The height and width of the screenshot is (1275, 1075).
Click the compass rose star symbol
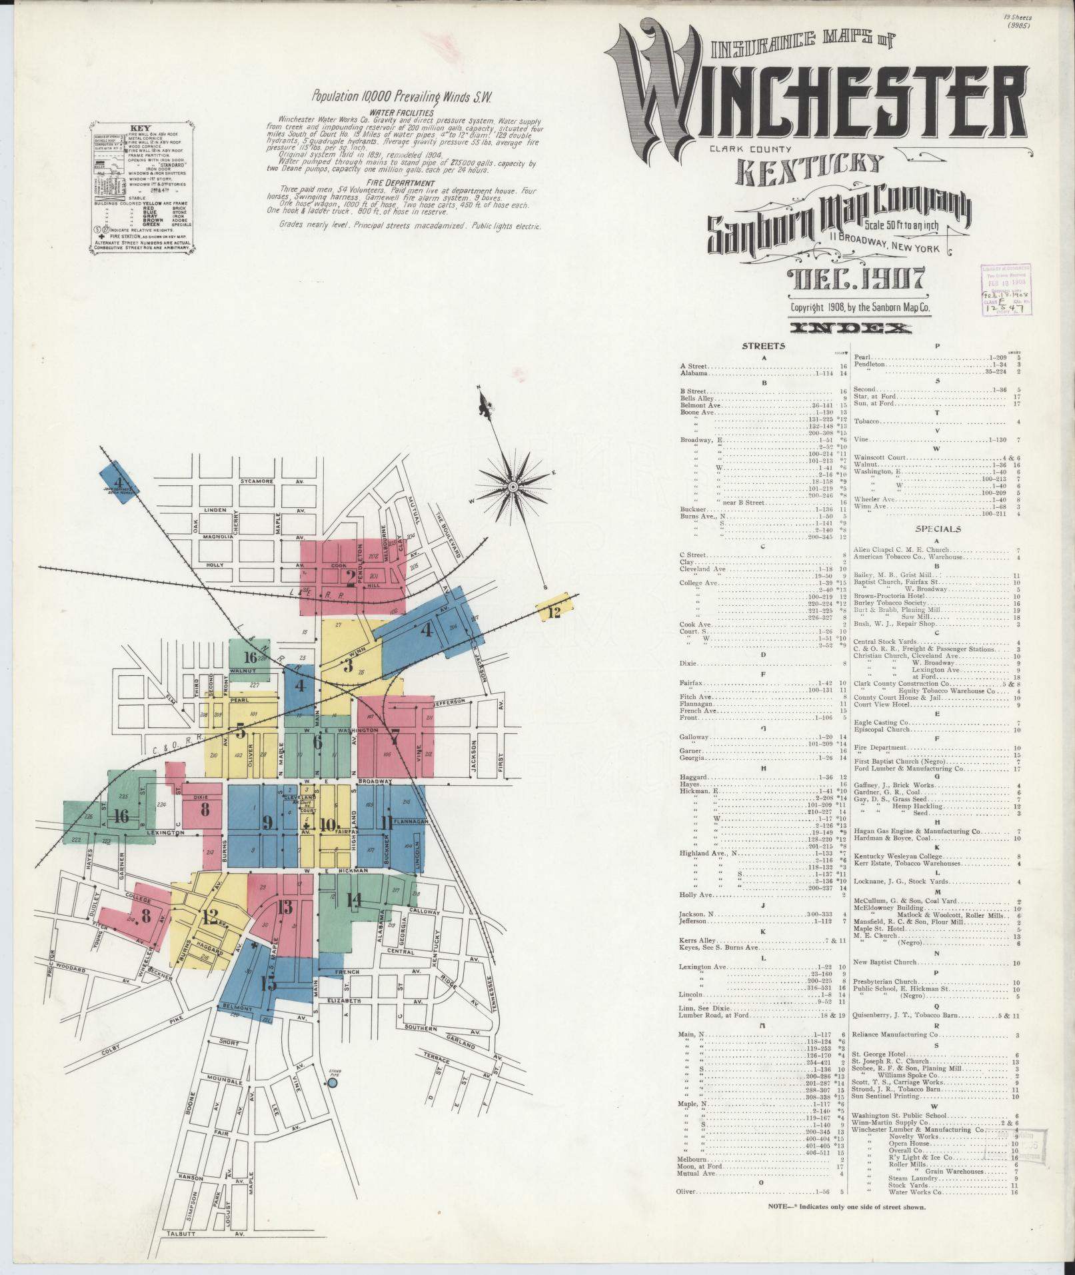pyautogui.click(x=513, y=487)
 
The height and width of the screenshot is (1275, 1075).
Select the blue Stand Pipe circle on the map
pyautogui.click(x=332, y=1084)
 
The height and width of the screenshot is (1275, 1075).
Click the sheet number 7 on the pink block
pyautogui.click(x=395, y=738)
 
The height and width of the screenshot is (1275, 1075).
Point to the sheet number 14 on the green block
pyautogui.click(x=353, y=901)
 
